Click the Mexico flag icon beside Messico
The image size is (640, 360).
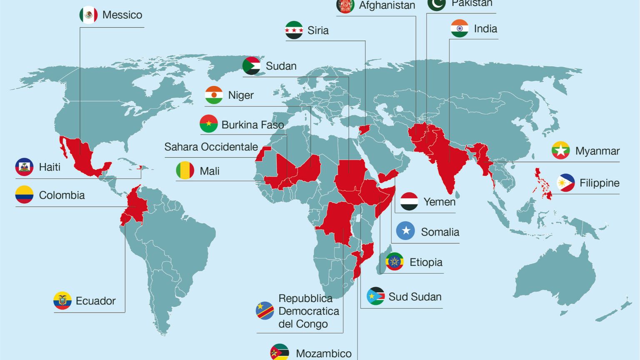tap(88, 15)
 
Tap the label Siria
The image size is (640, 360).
tap(318, 30)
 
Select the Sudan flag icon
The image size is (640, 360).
tap(251, 66)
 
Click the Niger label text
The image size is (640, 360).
tap(241, 95)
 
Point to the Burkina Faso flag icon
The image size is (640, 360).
tap(209, 124)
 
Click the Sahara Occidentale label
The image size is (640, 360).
tap(211, 147)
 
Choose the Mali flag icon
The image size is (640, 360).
tap(185, 171)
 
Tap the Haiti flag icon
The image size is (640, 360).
tap(24, 167)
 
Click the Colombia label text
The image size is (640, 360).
tap(62, 195)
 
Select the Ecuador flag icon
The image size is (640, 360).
tap(62, 300)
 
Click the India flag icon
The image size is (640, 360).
tap(460, 28)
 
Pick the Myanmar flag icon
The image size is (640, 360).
tap(561, 151)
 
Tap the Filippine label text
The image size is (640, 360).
tap(599, 183)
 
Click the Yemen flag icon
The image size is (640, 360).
tap(409, 202)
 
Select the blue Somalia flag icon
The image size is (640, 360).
tap(405, 231)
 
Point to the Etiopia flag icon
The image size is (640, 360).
tap(394, 262)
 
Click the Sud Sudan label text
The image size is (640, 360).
tap(415, 297)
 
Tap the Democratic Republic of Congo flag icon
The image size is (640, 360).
tap(265, 311)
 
